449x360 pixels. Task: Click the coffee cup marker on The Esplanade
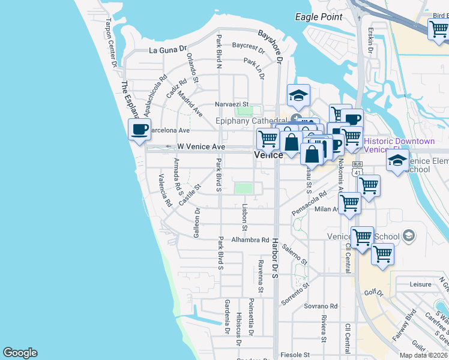pos(140,129)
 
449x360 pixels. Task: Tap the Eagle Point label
pos(319,17)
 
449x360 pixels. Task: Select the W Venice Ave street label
pos(201,146)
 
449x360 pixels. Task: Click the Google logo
pos(20,353)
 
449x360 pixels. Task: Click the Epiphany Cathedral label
pos(247,121)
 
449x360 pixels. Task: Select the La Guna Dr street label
pos(168,49)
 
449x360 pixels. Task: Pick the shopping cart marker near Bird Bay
pos(438,28)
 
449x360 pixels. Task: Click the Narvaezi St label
pos(231,104)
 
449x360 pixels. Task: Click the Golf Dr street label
pos(373,293)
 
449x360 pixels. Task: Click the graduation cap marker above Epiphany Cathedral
pos(298,95)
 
